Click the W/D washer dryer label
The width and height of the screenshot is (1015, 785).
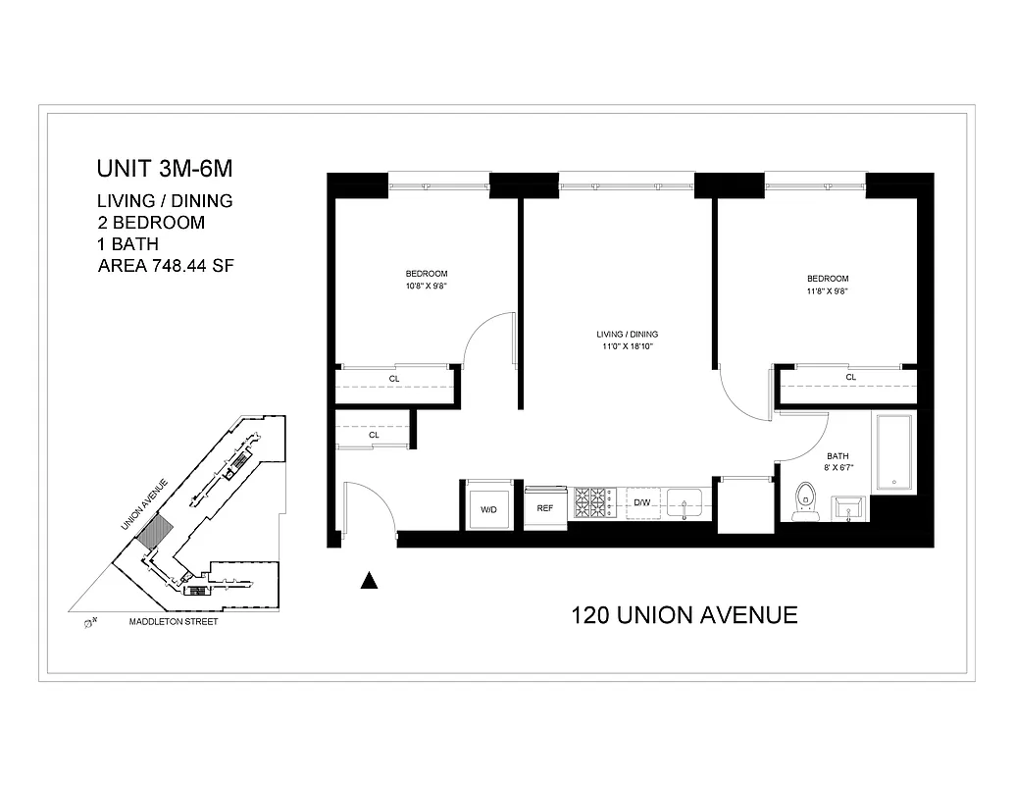pos(487,509)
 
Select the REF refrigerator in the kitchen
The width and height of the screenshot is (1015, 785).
pos(545,508)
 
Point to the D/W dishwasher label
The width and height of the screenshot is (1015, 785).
pos(642,502)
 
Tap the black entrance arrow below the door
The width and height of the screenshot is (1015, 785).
pos(369,580)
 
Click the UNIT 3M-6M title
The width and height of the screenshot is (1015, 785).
pos(164,168)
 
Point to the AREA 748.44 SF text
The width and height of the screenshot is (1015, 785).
pos(166,265)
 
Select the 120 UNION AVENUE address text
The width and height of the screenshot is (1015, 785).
pos(684,615)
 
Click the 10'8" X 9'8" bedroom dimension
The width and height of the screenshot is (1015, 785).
pos(427,287)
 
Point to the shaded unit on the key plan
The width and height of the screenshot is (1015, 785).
pos(156,534)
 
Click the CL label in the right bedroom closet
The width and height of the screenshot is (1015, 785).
pos(850,377)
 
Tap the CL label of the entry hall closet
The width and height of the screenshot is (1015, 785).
pos(374,435)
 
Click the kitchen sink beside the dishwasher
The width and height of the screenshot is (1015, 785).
pos(685,501)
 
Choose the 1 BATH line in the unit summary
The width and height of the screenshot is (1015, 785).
pos(128,243)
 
